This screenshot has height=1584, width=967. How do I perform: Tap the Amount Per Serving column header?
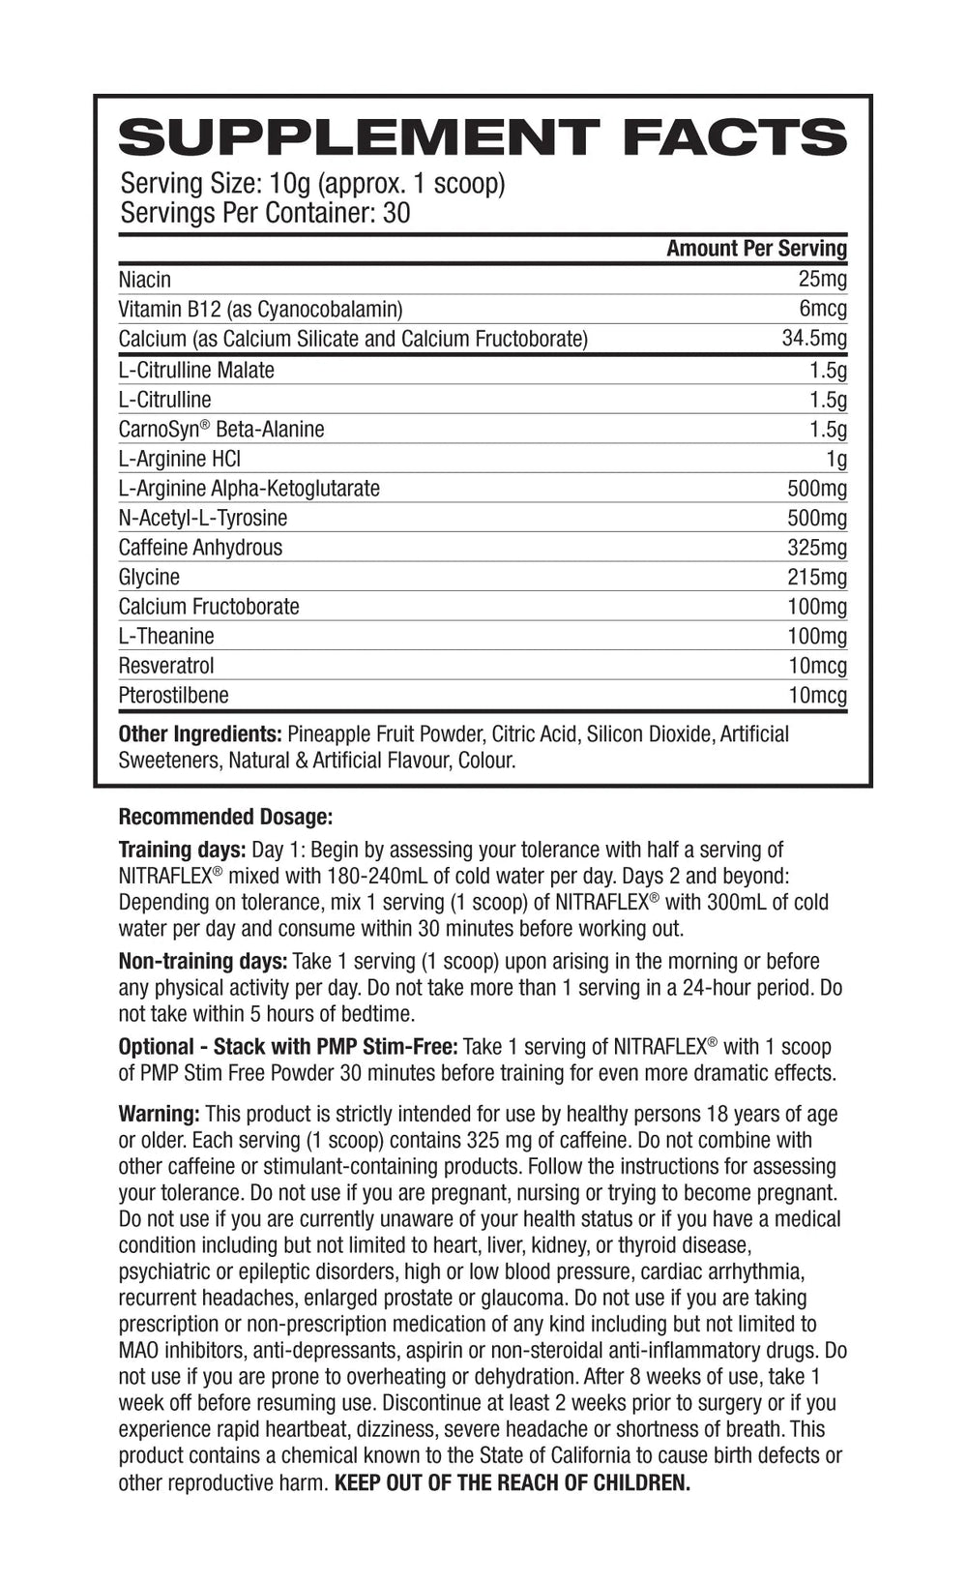[756, 249]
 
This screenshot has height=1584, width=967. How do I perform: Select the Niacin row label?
[145, 280]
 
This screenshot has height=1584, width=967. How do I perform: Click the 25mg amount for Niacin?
[822, 280]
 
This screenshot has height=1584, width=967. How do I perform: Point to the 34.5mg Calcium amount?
[814, 339]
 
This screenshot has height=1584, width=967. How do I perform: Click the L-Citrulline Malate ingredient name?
[196, 370]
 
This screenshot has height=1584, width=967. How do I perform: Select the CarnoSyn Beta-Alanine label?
[221, 429]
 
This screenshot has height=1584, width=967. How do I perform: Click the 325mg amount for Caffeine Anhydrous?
[817, 548]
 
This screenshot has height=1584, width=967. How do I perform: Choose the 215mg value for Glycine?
[817, 577]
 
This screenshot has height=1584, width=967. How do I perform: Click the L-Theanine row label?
[166, 636]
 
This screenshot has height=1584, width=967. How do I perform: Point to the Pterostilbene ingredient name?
[174, 695]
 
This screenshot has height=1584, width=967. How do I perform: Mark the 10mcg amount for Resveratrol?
[816, 666]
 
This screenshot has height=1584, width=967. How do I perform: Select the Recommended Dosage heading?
[225, 817]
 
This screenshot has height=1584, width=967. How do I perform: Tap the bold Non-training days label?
[203, 962]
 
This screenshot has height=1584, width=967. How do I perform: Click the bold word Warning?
[160, 1114]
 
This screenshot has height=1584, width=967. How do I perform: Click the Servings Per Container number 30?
[396, 213]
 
